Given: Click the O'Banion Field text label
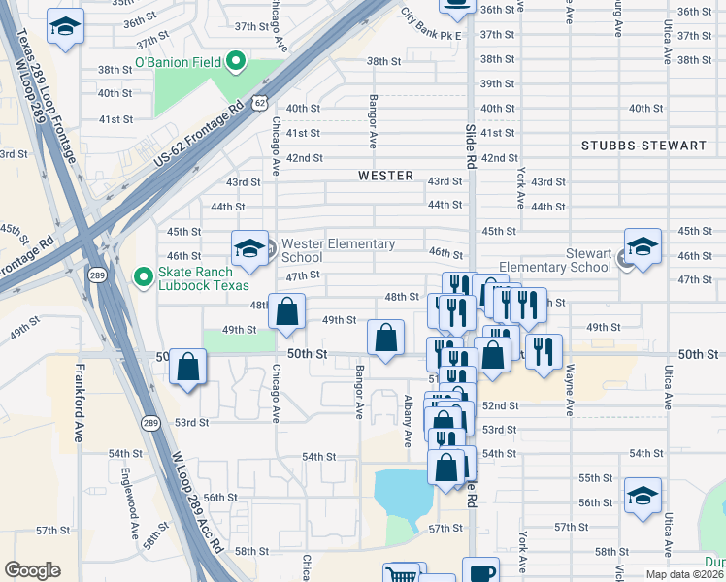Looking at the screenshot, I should coord(178,63).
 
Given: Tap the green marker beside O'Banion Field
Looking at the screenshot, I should coord(235,63).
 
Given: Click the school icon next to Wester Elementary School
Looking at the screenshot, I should coord(249,249).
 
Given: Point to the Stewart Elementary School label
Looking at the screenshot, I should coord(555,260).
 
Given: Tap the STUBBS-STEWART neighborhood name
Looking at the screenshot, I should coord(643,145).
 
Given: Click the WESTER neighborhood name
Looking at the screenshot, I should coord(385,176).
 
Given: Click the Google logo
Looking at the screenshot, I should coord(32,570).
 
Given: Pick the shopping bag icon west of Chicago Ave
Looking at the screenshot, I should coord(188,369).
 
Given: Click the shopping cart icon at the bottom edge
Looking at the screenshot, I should coord(401,574).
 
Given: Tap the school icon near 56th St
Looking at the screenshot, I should coord(643,496).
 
